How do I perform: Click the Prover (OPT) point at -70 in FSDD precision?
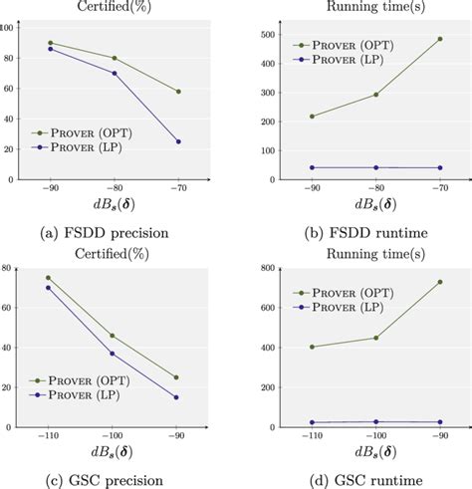tap(178, 92)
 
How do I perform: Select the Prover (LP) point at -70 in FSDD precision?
tap(178, 141)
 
